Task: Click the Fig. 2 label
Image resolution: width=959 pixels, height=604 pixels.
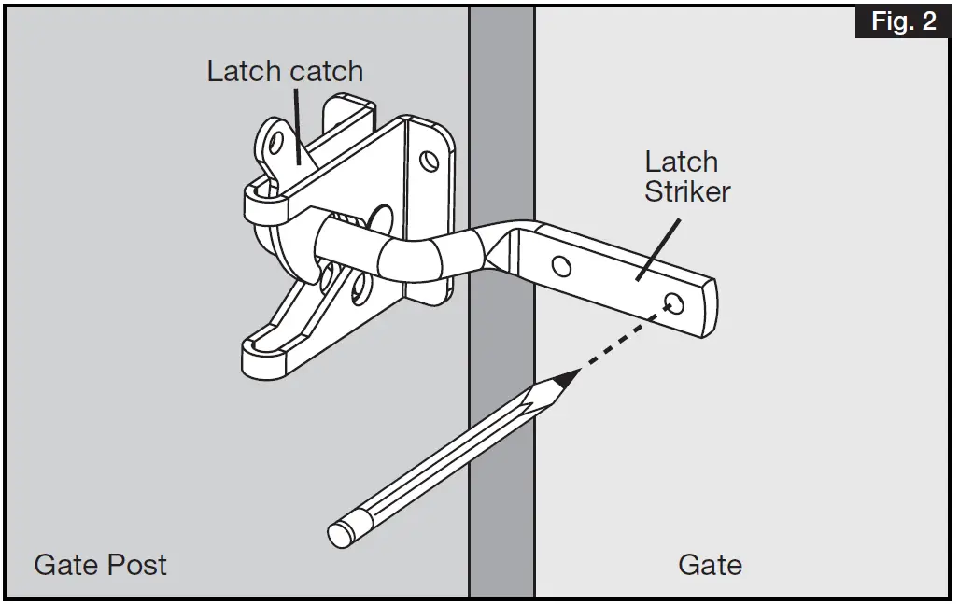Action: pos(902,21)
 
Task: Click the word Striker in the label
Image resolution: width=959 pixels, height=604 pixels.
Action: pos(687,192)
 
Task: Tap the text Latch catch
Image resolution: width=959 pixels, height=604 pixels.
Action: pos(285,72)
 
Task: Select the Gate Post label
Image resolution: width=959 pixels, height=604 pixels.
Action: pos(101,565)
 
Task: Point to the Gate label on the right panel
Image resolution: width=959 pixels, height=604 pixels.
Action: pos(710,565)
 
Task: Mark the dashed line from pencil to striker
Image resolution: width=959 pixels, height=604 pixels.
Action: pos(620,340)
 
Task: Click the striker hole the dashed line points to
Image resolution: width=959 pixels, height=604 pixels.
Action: pos(674,302)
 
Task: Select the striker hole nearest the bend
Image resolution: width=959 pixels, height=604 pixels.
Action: pos(561,268)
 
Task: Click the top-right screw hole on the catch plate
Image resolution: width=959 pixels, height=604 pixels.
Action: pos(429,161)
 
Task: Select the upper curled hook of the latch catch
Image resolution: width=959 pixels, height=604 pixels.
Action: pos(261,200)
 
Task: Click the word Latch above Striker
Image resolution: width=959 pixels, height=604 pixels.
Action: pos(682,162)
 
